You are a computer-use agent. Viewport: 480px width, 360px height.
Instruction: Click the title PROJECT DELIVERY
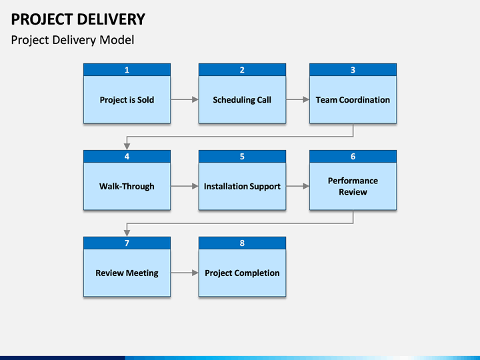[x=78, y=19]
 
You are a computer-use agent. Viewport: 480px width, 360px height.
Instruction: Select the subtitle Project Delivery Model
[x=73, y=40]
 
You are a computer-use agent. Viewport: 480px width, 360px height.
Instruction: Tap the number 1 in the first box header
[x=127, y=70]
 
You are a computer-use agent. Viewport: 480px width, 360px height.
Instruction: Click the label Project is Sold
[x=127, y=100]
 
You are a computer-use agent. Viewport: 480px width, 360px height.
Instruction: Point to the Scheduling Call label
[x=242, y=100]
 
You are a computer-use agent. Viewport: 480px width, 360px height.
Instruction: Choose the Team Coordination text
[x=353, y=100]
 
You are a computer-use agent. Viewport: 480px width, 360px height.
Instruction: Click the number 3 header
[x=353, y=70]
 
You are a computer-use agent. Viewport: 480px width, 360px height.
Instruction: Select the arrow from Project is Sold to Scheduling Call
[x=185, y=99]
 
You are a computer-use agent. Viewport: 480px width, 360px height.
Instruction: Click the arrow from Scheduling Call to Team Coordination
[x=297, y=99]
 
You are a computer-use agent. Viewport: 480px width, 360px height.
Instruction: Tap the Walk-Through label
[x=127, y=187]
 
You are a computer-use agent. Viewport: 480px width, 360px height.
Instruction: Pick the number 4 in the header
[x=127, y=157]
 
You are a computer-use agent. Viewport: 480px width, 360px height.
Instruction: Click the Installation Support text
[x=242, y=187]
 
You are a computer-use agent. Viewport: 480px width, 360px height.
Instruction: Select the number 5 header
[x=242, y=157]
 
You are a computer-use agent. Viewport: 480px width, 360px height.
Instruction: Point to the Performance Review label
[x=353, y=187]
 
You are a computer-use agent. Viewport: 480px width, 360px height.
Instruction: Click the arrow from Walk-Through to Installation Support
[x=185, y=186]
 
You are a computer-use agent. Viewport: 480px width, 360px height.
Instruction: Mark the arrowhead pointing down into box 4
[x=127, y=147]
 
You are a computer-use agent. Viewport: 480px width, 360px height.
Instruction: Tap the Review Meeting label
[x=127, y=273]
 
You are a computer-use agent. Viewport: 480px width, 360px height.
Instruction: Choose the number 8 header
[x=242, y=243]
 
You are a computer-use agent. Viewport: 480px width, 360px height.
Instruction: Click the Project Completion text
[x=242, y=273]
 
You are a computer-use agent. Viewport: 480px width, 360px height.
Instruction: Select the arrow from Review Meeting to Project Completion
[x=185, y=273]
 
